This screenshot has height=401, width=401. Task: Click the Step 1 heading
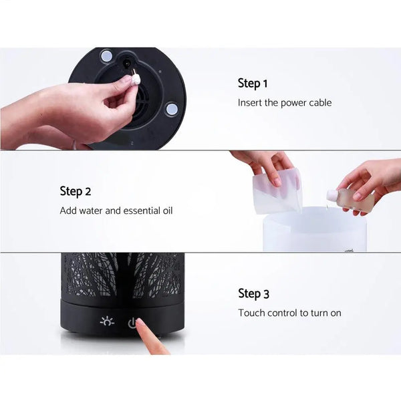coord(253,84)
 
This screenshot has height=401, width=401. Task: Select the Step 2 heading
coord(75,191)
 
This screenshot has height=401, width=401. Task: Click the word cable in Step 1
coord(318,103)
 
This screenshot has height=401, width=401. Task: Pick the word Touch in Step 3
coord(251,313)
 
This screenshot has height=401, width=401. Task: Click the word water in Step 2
coord(93,211)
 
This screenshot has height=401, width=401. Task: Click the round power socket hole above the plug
coord(126,64)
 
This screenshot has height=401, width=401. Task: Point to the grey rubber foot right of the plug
coord(172,108)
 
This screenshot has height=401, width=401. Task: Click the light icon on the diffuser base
coord(107,321)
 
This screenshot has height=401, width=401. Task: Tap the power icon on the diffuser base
coord(132,323)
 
